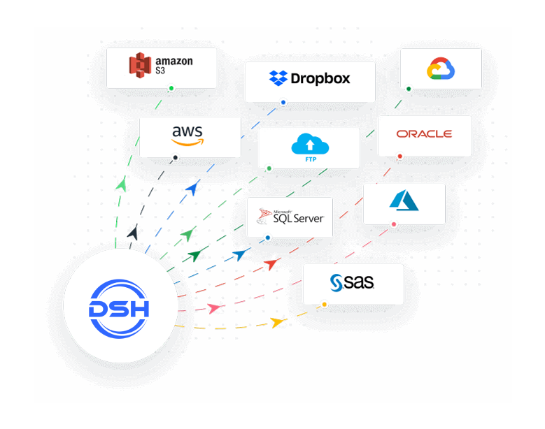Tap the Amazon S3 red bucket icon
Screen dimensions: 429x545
[140, 66]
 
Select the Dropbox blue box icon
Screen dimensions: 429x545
[278, 78]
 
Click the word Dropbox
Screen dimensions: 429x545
[320, 78]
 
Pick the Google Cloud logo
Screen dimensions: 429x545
[441, 68]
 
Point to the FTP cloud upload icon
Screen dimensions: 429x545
[309, 144]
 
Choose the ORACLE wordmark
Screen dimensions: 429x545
[424, 133]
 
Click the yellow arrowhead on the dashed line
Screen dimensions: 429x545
[278, 322]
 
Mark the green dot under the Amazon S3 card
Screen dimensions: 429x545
[171, 89]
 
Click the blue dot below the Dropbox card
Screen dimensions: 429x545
[283, 103]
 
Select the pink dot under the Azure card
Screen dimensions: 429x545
[394, 225]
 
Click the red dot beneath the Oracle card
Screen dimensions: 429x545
[399, 157]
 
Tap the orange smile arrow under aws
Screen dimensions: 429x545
[186, 142]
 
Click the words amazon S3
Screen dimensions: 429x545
[174, 66]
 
